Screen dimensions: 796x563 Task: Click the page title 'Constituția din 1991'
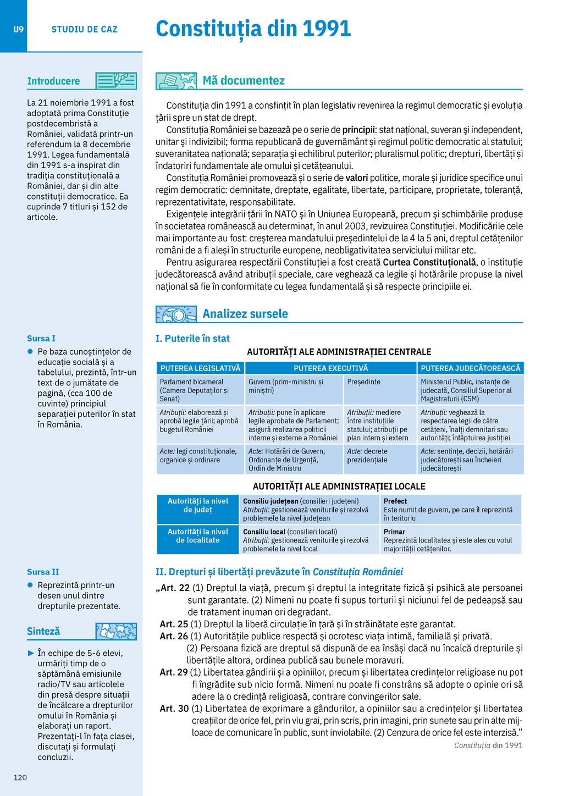(253, 29)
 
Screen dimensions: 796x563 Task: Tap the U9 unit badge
(19, 29)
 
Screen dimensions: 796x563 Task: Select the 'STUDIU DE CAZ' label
(84, 30)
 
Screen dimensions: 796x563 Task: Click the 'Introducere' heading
(53, 81)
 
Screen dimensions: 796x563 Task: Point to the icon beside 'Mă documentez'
(176, 81)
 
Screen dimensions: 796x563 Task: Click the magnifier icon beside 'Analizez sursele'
(176, 314)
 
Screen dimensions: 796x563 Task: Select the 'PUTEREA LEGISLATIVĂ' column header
(200, 368)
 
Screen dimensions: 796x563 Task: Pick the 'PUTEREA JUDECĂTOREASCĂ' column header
(470, 368)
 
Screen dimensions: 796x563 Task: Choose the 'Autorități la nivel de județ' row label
(197, 505)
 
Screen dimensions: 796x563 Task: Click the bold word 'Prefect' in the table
(395, 501)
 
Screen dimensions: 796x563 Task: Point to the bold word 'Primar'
(394, 532)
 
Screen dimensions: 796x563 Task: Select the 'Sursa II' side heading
(43, 572)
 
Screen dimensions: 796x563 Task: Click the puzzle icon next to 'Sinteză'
(116, 631)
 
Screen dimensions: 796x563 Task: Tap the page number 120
(20, 777)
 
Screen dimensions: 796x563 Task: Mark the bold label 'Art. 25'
(174, 624)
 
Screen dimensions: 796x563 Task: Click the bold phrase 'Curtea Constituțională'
(429, 263)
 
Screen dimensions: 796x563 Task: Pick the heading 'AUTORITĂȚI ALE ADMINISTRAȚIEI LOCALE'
(339, 487)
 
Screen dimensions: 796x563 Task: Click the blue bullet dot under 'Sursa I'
(30, 352)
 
